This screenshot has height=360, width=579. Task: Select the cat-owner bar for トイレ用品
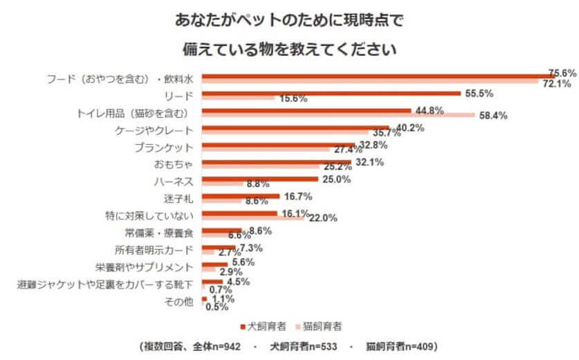tap(338, 115)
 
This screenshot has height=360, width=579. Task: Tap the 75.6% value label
tap(562, 73)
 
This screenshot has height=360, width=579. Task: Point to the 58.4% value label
tap(493, 116)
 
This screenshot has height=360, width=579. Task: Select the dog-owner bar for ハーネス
tap(259, 179)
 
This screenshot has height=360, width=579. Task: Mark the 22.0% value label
tap(323, 218)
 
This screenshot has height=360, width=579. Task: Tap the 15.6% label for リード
tap(293, 99)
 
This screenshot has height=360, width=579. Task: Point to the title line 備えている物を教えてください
tap(288, 49)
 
